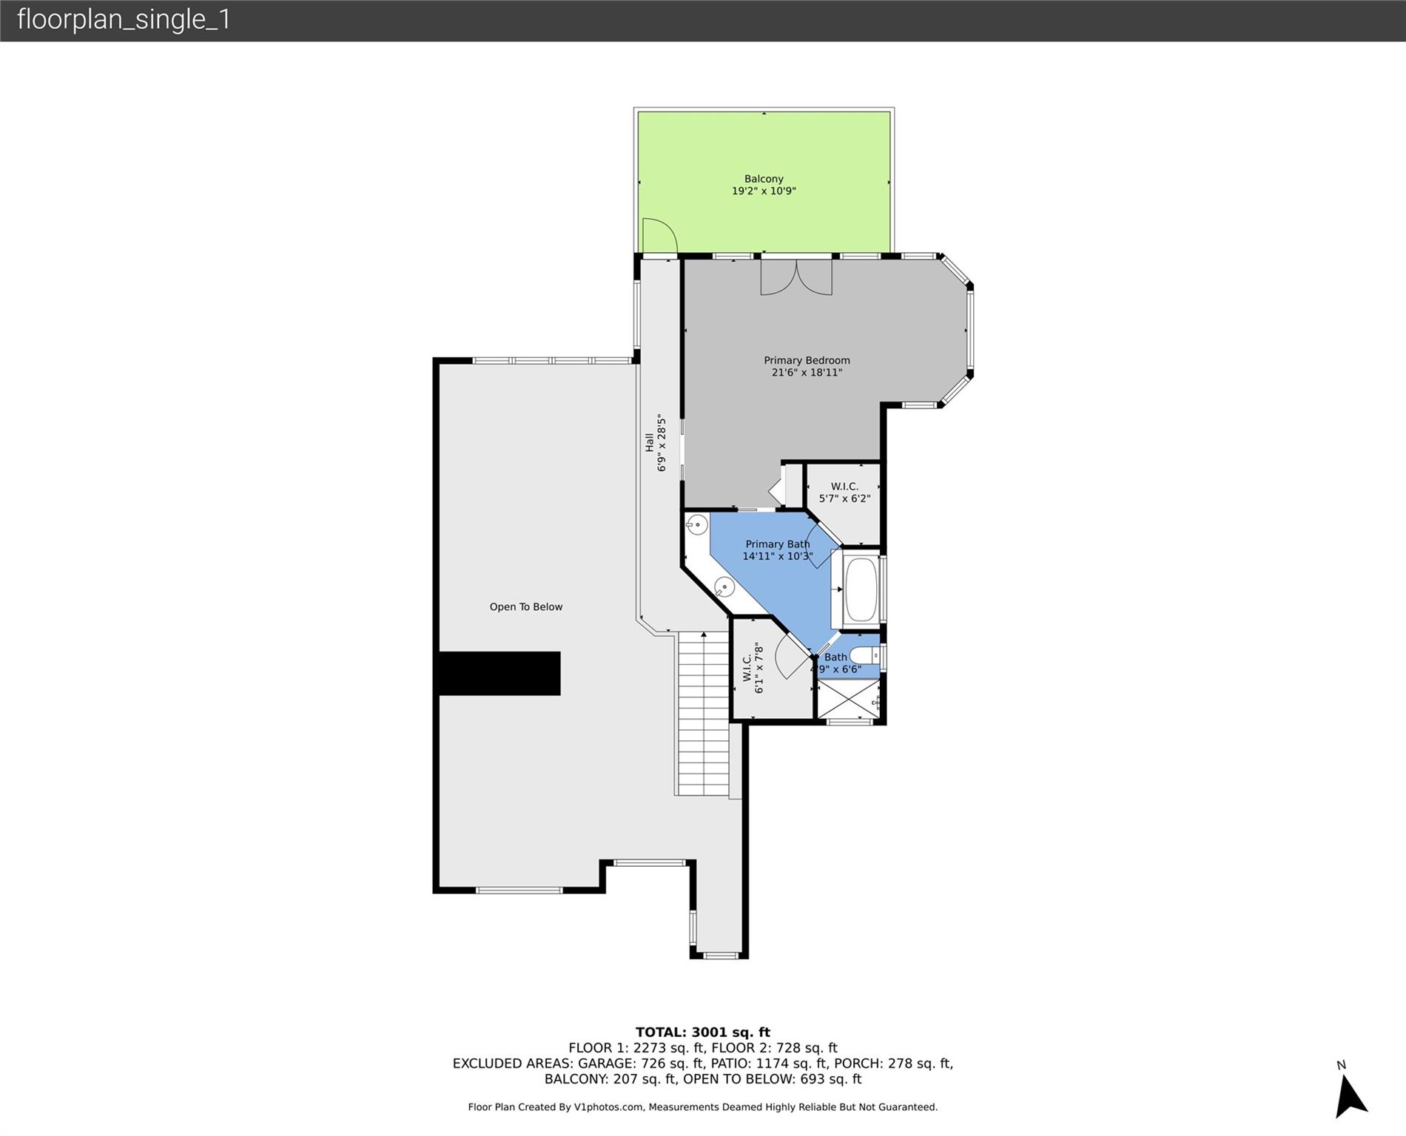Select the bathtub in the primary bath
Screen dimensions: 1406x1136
[x=861, y=589]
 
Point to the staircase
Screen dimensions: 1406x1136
[x=704, y=714]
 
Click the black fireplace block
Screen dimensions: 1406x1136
[x=500, y=673]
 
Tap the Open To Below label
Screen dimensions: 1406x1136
[x=526, y=607]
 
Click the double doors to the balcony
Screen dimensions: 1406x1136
[x=796, y=277]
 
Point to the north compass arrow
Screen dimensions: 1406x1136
[x=1350, y=1095]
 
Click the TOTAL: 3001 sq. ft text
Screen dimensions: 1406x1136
[x=703, y=1032]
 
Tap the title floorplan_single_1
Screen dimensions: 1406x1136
[x=124, y=19]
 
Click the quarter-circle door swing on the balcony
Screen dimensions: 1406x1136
[x=660, y=236]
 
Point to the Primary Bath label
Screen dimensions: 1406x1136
[x=778, y=550]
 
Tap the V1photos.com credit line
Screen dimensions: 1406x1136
[x=703, y=1107]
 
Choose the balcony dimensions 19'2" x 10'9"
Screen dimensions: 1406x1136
[x=764, y=191]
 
